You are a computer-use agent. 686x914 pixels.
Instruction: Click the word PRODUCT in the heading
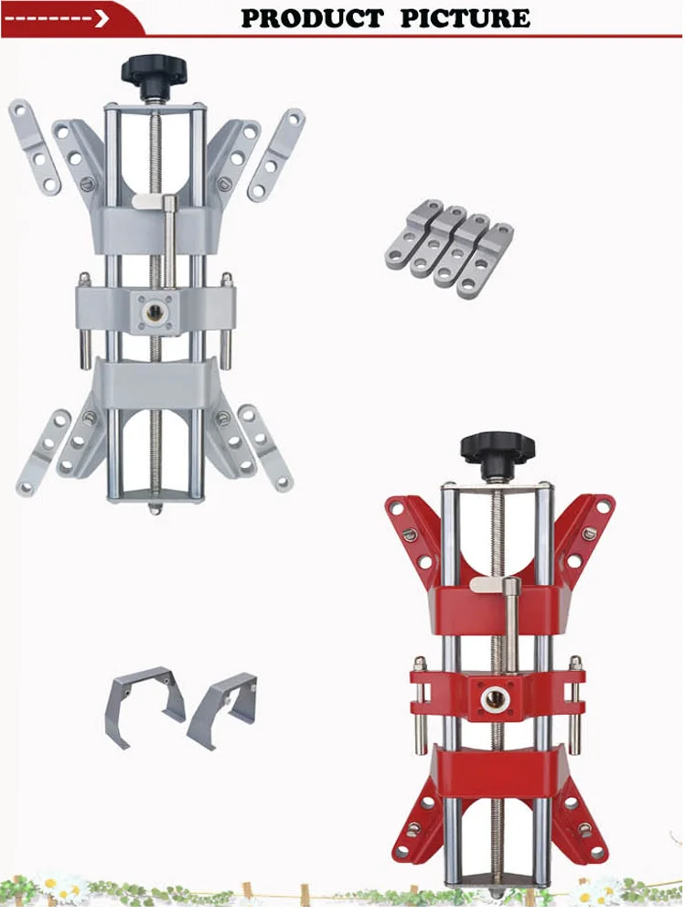click(x=312, y=18)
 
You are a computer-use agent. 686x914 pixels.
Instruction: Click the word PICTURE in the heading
click(x=466, y=18)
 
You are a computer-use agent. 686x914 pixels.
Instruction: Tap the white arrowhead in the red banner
click(x=102, y=18)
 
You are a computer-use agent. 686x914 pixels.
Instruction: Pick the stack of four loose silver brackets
click(x=450, y=249)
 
